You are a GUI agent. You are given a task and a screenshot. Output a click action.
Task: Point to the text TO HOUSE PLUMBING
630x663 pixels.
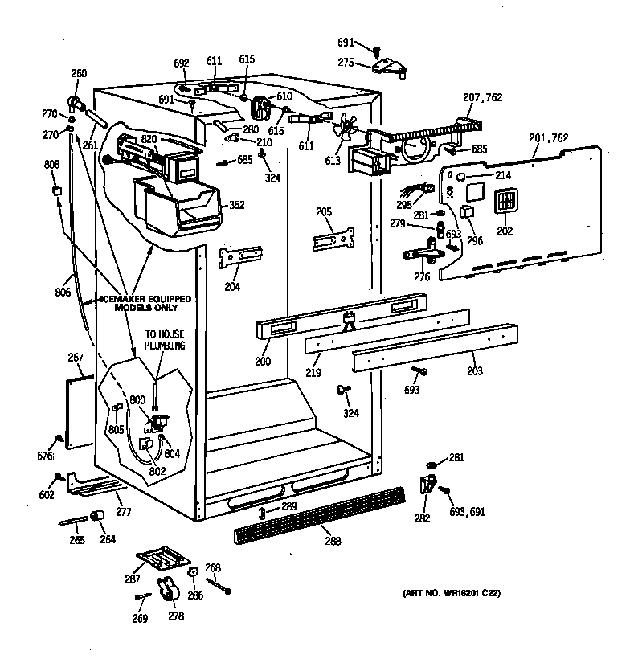(x=164, y=340)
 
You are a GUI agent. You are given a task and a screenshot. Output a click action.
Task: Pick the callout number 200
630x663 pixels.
(x=262, y=362)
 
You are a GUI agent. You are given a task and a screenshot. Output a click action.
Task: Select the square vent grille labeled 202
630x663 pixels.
(x=506, y=202)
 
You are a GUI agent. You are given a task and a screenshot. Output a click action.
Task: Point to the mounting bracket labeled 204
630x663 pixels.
(x=240, y=255)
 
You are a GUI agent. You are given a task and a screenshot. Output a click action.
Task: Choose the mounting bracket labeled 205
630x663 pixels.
(x=333, y=239)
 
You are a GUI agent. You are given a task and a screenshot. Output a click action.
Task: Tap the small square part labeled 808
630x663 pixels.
(x=55, y=190)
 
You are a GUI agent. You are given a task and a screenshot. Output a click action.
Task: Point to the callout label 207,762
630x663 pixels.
(x=482, y=98)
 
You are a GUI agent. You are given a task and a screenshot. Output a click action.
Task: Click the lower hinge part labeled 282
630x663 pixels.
(x=427, y=485)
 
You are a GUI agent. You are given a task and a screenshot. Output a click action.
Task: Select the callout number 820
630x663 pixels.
(x=149, y=138)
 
